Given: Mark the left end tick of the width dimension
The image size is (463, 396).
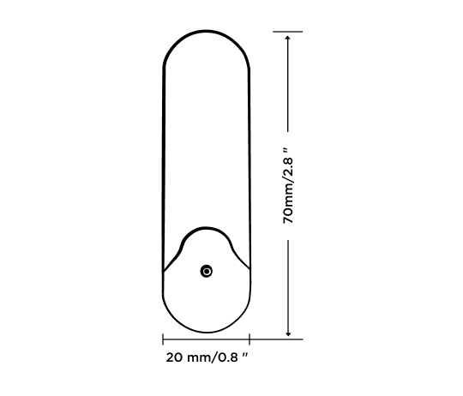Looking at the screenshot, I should click(x=163, y=339).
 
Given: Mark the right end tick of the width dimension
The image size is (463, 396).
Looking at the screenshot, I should click(x=249, y=339).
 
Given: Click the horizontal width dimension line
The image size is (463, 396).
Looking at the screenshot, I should click(x=206, y=339).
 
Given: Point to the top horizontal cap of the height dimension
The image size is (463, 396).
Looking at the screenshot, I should click(x=289, y=32).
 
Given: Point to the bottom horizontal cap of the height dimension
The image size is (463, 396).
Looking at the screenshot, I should click(x=289, y=339).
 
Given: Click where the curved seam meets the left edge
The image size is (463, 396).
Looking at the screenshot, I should click(x=164, y=271).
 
